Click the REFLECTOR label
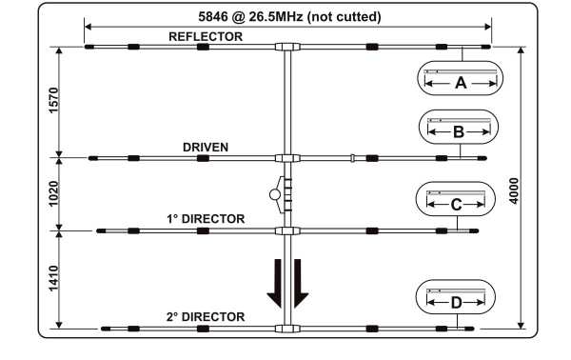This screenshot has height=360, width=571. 205,36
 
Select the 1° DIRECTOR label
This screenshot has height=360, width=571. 206,219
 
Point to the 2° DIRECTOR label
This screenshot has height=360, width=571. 206,316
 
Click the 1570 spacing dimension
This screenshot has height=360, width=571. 54,101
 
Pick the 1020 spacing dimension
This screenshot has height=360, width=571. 54,193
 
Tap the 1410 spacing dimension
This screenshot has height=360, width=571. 54,278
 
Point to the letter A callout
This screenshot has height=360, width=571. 461,83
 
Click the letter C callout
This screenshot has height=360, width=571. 457,204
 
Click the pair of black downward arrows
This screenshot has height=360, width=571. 287,284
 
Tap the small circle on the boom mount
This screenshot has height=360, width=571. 275,195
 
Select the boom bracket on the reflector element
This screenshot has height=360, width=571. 287,46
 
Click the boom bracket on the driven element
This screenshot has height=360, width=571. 287,158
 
